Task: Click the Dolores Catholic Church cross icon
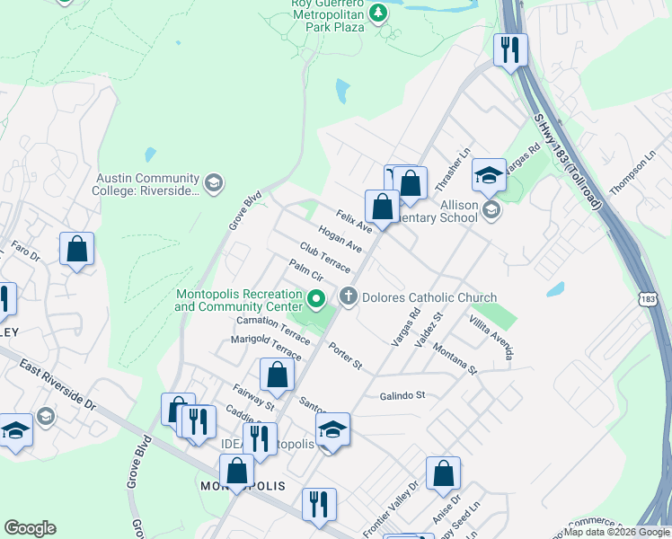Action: (348, 296)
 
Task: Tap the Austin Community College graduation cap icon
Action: (213, 183)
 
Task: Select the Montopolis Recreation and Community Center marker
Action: (315, 299)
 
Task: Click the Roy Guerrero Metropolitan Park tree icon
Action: (379, 13)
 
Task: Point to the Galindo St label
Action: (402, 395)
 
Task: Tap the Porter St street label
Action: (345, 357)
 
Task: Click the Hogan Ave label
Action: (340, 241)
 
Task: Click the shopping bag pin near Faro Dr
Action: (77, 249)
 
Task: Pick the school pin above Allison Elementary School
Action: (489, 175)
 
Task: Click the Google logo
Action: (30, 528)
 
